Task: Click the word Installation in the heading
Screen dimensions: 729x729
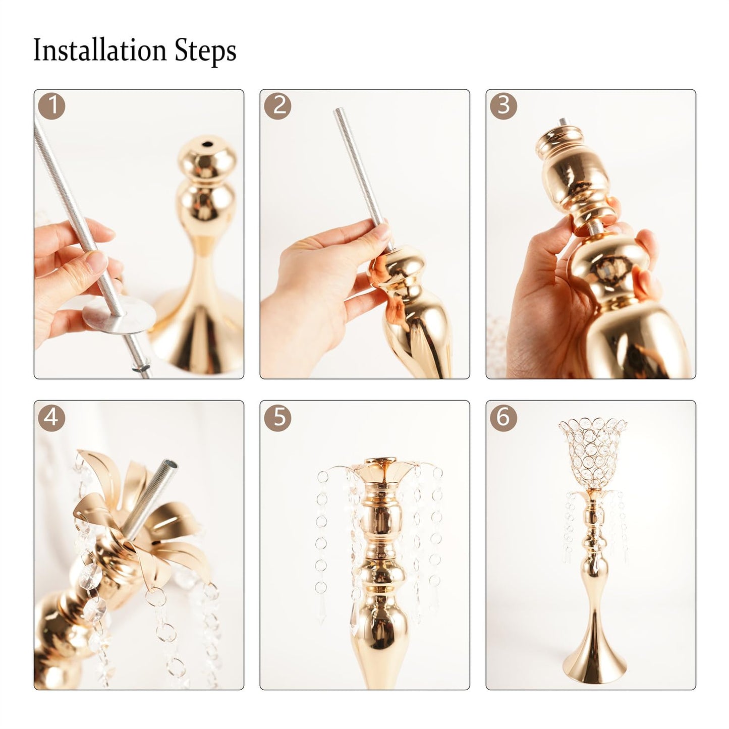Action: [x=100, y=51]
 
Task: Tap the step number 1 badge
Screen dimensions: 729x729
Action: [x=52, y=106]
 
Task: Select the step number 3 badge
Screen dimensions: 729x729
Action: [x=503, y=106]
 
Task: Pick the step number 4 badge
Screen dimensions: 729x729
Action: [x=52, y=417]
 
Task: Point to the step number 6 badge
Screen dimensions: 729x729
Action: [x=503, y=417]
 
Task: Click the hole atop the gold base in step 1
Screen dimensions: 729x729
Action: [x=207, y=145]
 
